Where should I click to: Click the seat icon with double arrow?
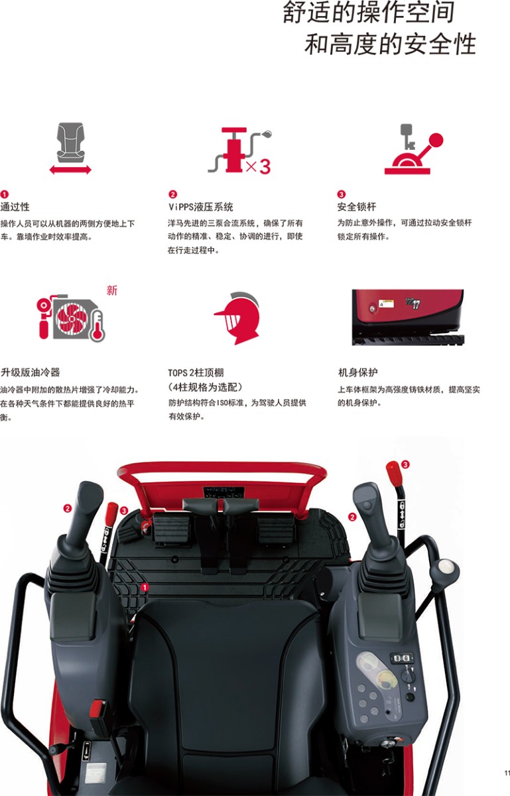tap(70, 148)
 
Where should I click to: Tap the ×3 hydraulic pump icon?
tap(239, 151)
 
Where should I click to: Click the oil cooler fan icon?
tap(70, 318)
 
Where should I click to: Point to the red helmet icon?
tap(237, 318)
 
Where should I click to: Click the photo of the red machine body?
tap(408, 317)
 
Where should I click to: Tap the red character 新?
tap(112, 291)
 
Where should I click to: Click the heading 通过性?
tap(15, 206)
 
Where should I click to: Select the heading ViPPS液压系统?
tap(201, 206)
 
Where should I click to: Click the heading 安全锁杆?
tap(356, 206)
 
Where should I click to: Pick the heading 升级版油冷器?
tap(31, 372)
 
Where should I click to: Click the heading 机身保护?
tap(358, 372)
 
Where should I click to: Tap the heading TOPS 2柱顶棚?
tap(196, 372)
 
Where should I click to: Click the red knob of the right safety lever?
tap(393, 473)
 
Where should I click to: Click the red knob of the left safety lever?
tap(111, 513)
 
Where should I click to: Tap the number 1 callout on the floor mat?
tap(145, 588)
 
